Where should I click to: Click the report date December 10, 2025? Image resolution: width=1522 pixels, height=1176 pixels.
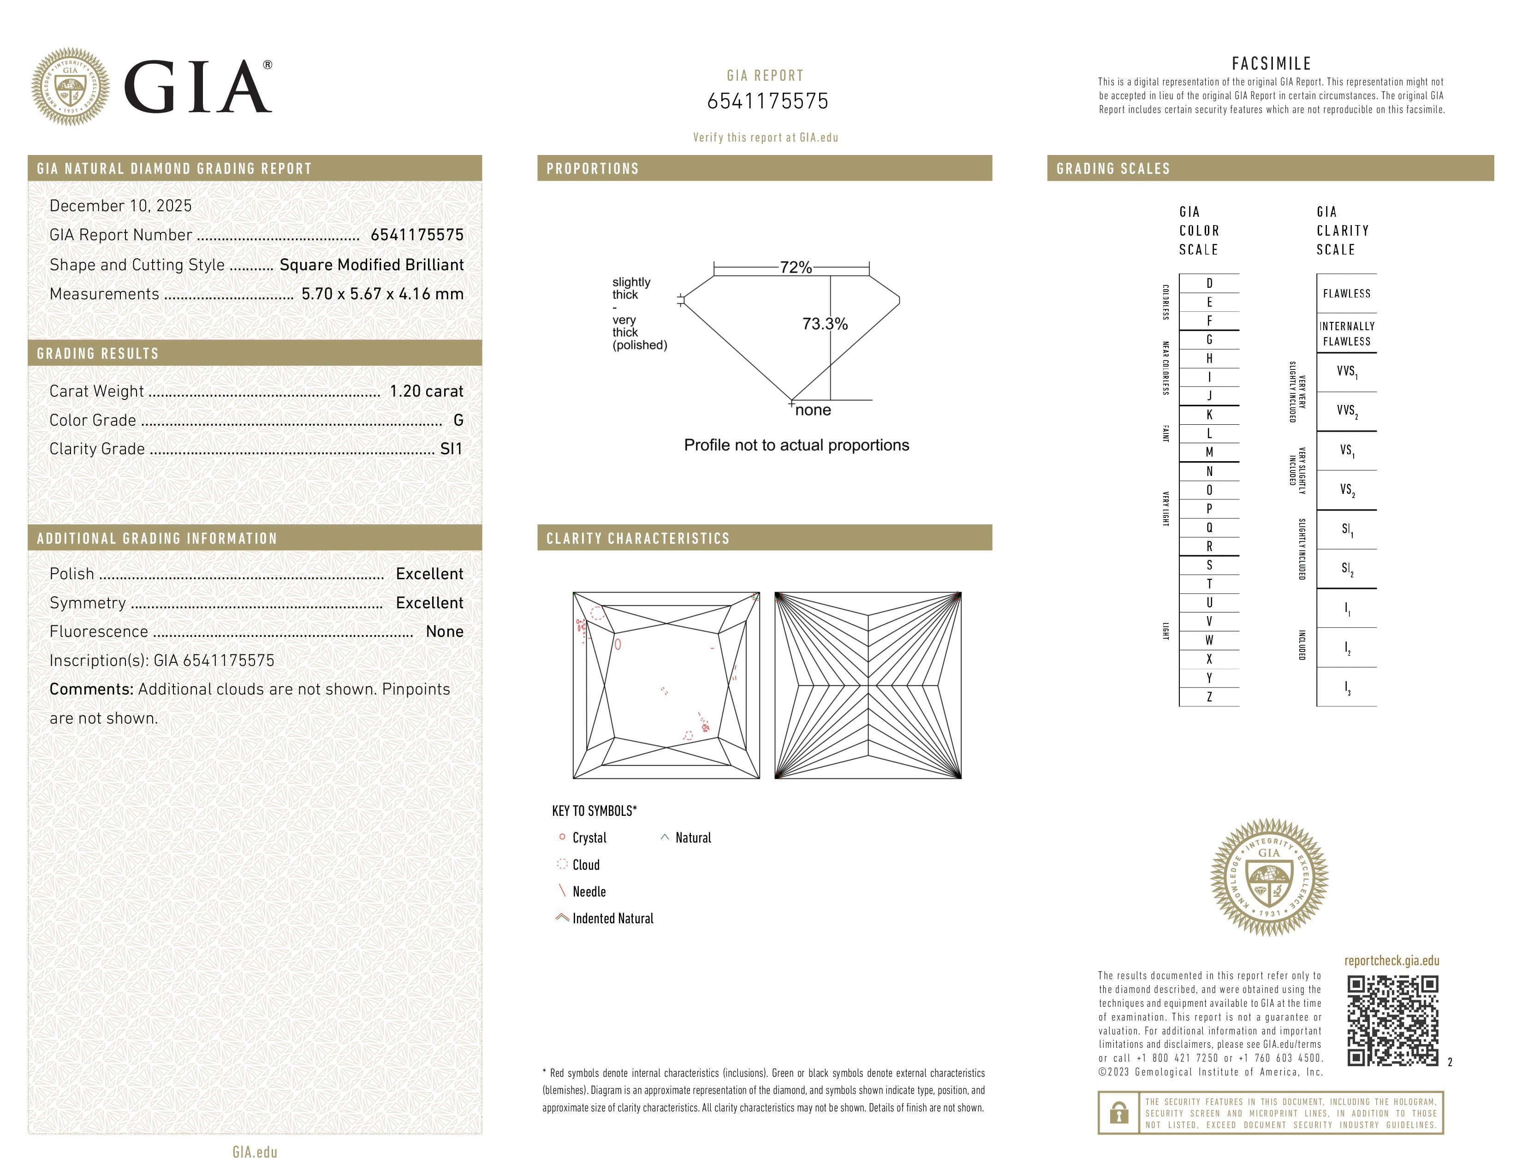pyautogui.click(x=120, y=206)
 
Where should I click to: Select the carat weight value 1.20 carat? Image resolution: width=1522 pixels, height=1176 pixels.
pyautogui.click(x=426, y=391)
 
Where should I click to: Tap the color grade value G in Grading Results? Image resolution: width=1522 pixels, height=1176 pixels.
pyautogui.click(x=458, y=420)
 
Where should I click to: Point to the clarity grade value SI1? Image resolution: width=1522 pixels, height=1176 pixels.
pyautogui.click(x=451, y=449)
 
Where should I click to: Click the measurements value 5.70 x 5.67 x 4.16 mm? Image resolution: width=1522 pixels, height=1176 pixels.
pyautogui.click(x=382, y=294)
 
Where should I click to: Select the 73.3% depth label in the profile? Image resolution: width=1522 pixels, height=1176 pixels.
pyautogui.click(x=825, y=324)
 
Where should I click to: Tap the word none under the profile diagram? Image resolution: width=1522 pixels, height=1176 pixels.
pyautogui.click(x=813, y=410)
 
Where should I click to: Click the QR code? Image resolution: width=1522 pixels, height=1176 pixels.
pyautogui.click(x=1391, y=1021)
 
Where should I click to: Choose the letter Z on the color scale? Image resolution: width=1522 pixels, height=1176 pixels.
pyautogui.click(x=1209, y=697)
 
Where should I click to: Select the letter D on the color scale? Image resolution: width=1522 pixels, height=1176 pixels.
pyautogui.click(x=1209, y=283)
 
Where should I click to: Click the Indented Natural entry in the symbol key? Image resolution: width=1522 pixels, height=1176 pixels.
pyautogui.click(x=612, y=918)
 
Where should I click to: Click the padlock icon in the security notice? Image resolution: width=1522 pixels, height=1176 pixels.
pyautogui.click(x=1118, y=1113)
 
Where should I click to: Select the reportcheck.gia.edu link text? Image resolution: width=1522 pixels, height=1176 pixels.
pyautogui.click(x=1391, y=961)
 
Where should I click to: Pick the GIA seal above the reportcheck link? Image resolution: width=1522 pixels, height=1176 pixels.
pyautogui.click(x=1269, y=876)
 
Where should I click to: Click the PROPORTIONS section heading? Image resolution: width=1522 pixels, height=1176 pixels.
pyautogui.click(x=592, y=169)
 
